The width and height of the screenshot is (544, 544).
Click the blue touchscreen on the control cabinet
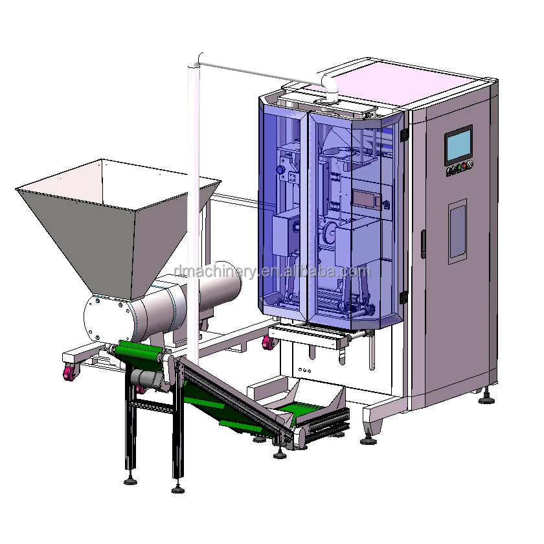tap(458, 145)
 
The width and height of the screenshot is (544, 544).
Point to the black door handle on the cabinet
tap(424, 244)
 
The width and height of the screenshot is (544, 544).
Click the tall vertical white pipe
tap(192, 194)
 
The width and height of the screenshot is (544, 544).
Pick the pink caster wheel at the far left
tap(68, 374)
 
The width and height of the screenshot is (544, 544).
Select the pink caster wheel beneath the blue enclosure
tap(267, 343)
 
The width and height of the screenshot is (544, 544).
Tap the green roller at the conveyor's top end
tap(139, 353)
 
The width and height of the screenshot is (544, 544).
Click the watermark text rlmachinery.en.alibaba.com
tap(272, 271)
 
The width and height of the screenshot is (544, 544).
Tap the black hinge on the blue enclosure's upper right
tap(405, 134)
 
